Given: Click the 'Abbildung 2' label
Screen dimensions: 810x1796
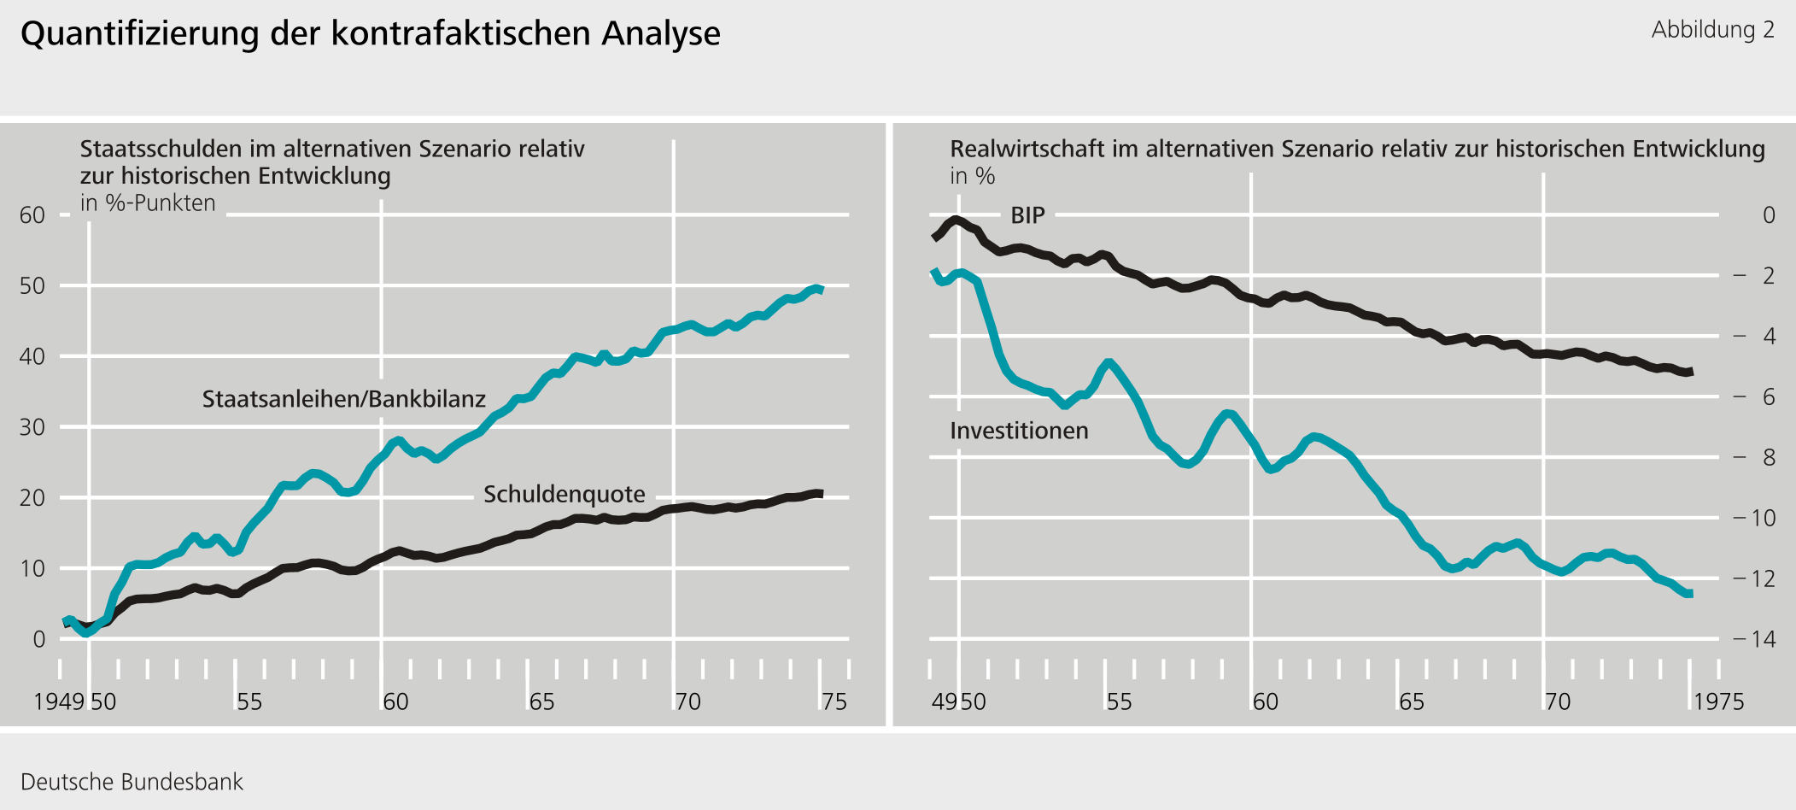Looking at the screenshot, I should point(1712,30).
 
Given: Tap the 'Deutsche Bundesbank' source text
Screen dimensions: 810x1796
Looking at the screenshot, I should point(132,782).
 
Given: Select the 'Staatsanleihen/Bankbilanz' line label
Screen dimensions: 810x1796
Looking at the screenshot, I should point(343,399).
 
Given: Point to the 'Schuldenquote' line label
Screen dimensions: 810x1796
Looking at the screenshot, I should point(564,494).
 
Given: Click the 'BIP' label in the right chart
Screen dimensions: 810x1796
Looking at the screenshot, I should point(1027,215).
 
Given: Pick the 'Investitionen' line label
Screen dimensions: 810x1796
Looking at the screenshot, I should point(1019,431).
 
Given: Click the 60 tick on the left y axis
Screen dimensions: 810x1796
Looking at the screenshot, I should point(32,215).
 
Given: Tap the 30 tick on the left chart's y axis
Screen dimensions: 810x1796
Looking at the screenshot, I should point(32,427).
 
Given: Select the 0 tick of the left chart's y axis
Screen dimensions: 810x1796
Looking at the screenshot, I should point(38,639).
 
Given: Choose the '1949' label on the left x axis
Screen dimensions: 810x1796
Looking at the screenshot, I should point(59,702).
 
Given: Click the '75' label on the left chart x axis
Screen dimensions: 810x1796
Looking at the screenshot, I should point(834,702).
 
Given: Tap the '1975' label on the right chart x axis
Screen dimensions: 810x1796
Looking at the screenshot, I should point(1718,702).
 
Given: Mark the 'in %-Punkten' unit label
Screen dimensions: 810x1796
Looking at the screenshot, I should point(148,203).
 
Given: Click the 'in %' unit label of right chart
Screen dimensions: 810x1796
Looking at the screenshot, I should point(972,177).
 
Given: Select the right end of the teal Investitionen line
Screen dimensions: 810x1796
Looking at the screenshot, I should point(1689,593).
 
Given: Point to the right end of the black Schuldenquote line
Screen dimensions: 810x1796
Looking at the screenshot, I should point(820,494).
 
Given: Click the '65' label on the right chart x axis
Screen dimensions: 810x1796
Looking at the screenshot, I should point(1411,702).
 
